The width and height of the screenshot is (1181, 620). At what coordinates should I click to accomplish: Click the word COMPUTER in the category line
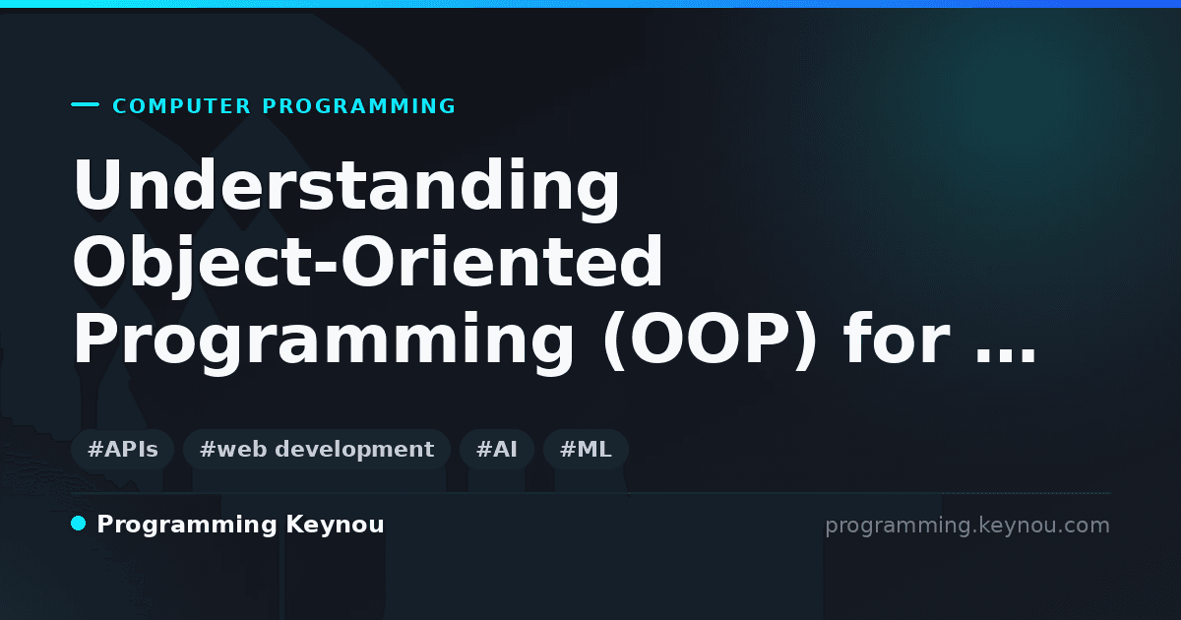click(181, 106)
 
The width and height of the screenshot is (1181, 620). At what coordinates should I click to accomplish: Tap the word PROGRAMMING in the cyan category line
click(358, 106)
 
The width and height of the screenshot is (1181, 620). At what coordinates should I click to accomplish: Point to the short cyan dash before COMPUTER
click(85, 104)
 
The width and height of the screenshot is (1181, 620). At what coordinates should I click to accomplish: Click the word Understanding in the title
click(346, 185)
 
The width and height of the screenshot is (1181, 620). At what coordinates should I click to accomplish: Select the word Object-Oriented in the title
click(367, 262)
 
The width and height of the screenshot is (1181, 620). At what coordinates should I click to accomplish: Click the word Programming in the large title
click(323, 339)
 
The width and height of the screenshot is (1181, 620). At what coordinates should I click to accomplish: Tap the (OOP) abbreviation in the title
click(710, 339)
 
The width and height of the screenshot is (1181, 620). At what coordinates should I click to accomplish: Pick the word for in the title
click(898, 338)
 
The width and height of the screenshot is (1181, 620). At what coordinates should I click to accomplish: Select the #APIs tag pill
click(122, 449)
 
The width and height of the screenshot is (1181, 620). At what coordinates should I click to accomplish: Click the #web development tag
click(316, 449)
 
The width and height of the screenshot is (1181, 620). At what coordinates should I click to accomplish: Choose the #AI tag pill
click(497, 449)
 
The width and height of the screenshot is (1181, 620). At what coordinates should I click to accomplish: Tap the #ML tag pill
click(586, 449)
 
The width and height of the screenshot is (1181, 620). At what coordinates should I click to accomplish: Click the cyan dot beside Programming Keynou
click(79, 524)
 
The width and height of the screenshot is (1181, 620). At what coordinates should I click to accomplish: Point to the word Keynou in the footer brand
click(335, 526)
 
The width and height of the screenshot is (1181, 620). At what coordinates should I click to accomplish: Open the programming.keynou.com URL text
click(967, 526)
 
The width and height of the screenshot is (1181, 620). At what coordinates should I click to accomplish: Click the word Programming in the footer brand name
click(187, 526)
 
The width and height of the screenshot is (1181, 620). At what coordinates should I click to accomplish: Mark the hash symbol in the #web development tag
click(208, 449)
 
